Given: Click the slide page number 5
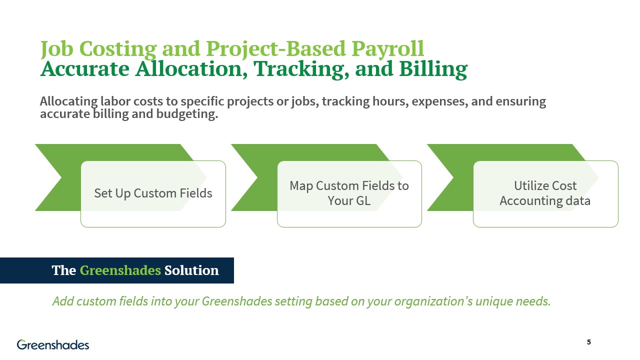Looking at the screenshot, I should (x=588, y=342).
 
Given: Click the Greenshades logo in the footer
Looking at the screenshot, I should (x=53, y=344).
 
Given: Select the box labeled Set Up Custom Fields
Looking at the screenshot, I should (x=153, y=193).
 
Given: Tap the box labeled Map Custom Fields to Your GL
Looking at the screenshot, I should (x=349, y=193).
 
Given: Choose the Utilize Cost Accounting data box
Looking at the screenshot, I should (x=545, y=193).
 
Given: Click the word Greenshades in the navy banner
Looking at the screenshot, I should (x=120, y=270).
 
